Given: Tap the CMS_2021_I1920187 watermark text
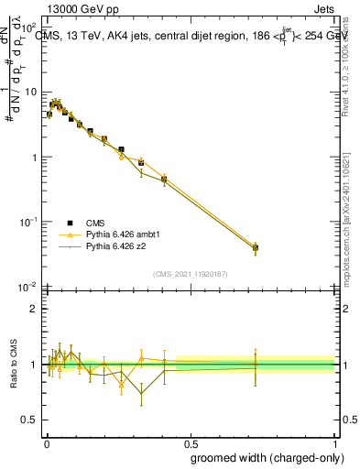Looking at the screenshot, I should click(x=190, y=274).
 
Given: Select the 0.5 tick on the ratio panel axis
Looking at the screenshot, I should click(x=30, y=422).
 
